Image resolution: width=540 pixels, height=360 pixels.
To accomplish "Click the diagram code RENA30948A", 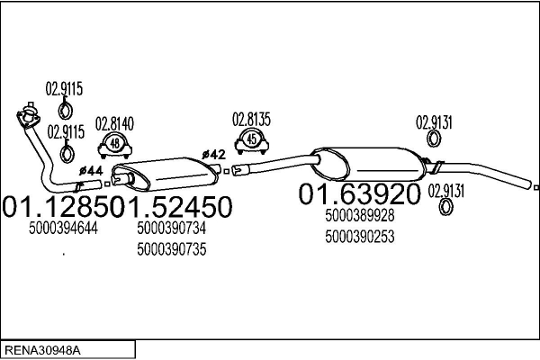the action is (x=42, y=351).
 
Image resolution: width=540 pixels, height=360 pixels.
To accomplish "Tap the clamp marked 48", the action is (x=115, y=146).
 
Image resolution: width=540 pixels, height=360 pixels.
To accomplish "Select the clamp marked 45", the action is (x=252, y=141).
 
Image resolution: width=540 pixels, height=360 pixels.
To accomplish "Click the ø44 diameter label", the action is (x=91, y=170).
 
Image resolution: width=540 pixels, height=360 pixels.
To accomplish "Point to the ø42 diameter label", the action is (x=214, y=154).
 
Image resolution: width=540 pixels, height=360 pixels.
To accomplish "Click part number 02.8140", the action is (x=114, y=123).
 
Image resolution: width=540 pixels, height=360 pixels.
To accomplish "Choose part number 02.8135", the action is (x=251, y=119).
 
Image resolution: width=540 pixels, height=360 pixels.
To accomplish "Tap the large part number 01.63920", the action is (x=359, y=194).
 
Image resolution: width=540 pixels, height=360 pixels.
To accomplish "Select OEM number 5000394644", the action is (x=63, y=228).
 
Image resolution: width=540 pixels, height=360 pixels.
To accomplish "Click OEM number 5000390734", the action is (x=172, y=228).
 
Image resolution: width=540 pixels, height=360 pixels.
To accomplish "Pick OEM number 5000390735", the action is (x=172, y=249).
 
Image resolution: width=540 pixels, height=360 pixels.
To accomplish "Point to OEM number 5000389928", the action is (x=359, y=216).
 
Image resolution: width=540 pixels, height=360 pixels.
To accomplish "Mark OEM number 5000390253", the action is (x=359, y=237).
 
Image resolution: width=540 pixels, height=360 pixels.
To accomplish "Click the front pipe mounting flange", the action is (x=28, y=116).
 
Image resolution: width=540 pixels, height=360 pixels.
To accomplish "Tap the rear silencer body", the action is (x=368, y=164).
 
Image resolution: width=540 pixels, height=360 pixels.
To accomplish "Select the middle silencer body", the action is (x=166, y=174).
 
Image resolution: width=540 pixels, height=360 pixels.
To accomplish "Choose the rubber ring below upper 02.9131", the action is (x=434, y=139).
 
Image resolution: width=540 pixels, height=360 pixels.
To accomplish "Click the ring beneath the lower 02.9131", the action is (x=446, y=207).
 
